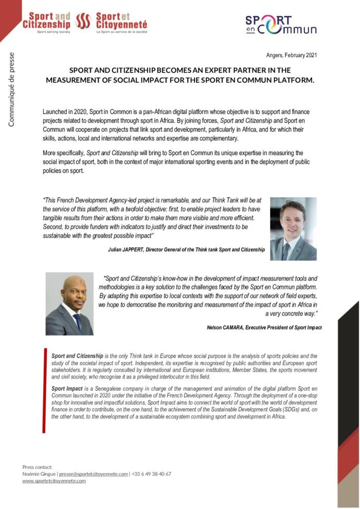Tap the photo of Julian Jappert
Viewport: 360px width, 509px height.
pos(293,229)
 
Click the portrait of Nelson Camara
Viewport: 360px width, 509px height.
pos(69,304)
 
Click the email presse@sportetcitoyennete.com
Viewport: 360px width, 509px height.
pos(93,474)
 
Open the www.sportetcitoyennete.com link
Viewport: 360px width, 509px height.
pos(54,481)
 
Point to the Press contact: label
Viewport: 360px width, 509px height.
pos(37,467)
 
